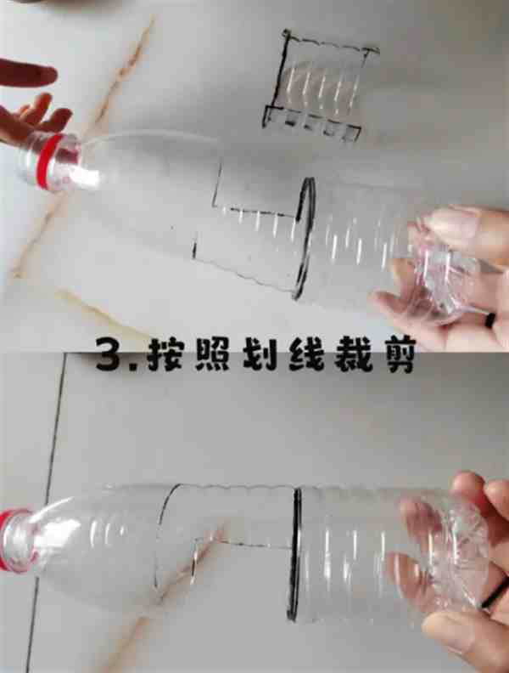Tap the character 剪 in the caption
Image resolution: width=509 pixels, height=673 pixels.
click(399, 355)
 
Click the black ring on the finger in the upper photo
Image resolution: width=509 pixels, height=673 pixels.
click(490, 320)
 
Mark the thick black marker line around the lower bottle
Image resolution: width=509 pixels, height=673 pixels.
click(294, 554)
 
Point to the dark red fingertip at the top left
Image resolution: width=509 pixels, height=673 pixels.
click(26, 74)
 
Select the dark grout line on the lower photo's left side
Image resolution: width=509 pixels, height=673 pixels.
click(48, 511)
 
